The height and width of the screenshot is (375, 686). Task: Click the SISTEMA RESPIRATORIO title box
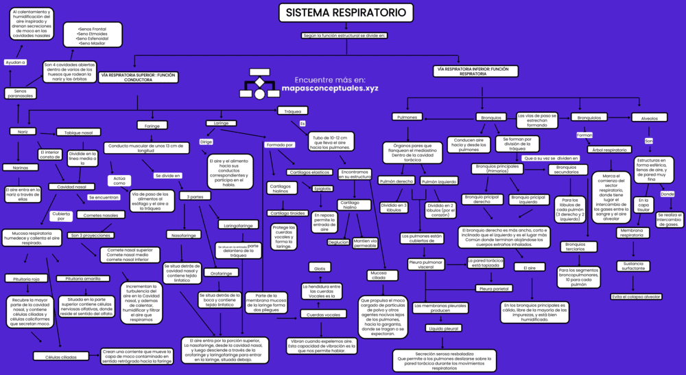pyautogui.click(x=346, y=13)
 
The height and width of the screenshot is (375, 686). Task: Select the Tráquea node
pyautogui.click(x=293, y=111)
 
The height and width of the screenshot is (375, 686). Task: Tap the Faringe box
pyautogui.click(x=152, y=126)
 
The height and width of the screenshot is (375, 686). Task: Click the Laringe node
pyautogui.click(x=221, y=123)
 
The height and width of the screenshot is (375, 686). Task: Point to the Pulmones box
pyautogui.click(x=407, y=117)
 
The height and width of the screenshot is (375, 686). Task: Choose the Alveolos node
pyautogui.click(x=649, y=118)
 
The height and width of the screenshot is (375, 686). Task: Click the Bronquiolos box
pyautogui.click(x=589, y=117)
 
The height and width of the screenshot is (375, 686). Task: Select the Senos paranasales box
pyautogui.click(x=21, y=93)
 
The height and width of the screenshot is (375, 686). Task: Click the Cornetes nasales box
pyautogui.click(x=101, y=215)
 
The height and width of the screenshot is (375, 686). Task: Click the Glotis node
pyautogui.click(x=320, y=268)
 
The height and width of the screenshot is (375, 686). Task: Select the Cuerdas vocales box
pyautogui.click(x=322, y=315)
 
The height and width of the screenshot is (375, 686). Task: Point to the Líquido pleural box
pyautogui.click(x=444, y=328)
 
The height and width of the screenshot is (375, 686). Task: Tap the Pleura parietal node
pyautogui.click(x=494, y=288)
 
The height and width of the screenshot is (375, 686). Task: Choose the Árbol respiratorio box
pyautogui.click(x=609, y=150)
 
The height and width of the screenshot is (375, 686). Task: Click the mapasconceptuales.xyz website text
pyautogui.click(x=329, y=89)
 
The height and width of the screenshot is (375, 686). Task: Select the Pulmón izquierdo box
pyautogui.click(x=439, y=181)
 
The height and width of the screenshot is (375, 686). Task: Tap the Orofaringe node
pyautogui.click(x=221, y=273)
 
